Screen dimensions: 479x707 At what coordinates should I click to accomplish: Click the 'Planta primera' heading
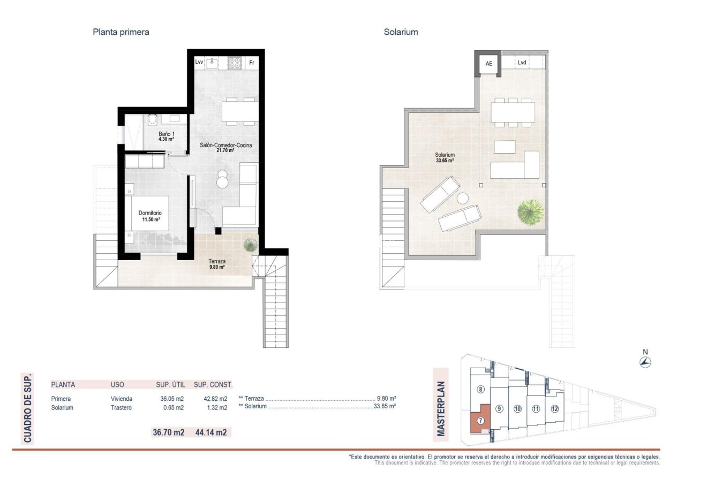tap(121, 32)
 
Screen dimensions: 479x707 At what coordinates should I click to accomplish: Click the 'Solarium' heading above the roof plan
tap(401, 32)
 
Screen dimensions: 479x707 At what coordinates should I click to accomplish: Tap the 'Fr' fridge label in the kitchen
tap(252, 63)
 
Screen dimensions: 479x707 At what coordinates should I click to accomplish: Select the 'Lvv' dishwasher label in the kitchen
tap(199, 63)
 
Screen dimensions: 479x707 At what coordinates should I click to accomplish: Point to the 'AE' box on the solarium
tap(488, 64)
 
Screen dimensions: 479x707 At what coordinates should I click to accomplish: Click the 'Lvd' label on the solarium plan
tap(522, 63)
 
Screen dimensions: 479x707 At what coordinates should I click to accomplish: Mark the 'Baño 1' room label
tap(166, 134)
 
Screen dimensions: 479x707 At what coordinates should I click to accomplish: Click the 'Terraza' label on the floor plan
tap(216, 262)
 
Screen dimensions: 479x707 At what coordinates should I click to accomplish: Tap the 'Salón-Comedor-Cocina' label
tap(226, 145)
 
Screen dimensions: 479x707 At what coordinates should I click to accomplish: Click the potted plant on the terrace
tap(250, 245)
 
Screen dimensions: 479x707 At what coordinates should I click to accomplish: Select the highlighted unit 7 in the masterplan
tap(480, 421)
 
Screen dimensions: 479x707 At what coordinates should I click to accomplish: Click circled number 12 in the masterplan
tap(554, 409)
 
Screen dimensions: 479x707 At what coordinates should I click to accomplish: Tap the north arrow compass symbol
tap(645, 362)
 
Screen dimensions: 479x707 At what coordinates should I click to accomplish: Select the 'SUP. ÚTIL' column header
tap(170, 384)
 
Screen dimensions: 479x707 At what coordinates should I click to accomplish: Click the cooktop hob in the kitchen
tap(235, 63)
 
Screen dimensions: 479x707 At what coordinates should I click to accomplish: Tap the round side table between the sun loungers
tap(462, 199)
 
